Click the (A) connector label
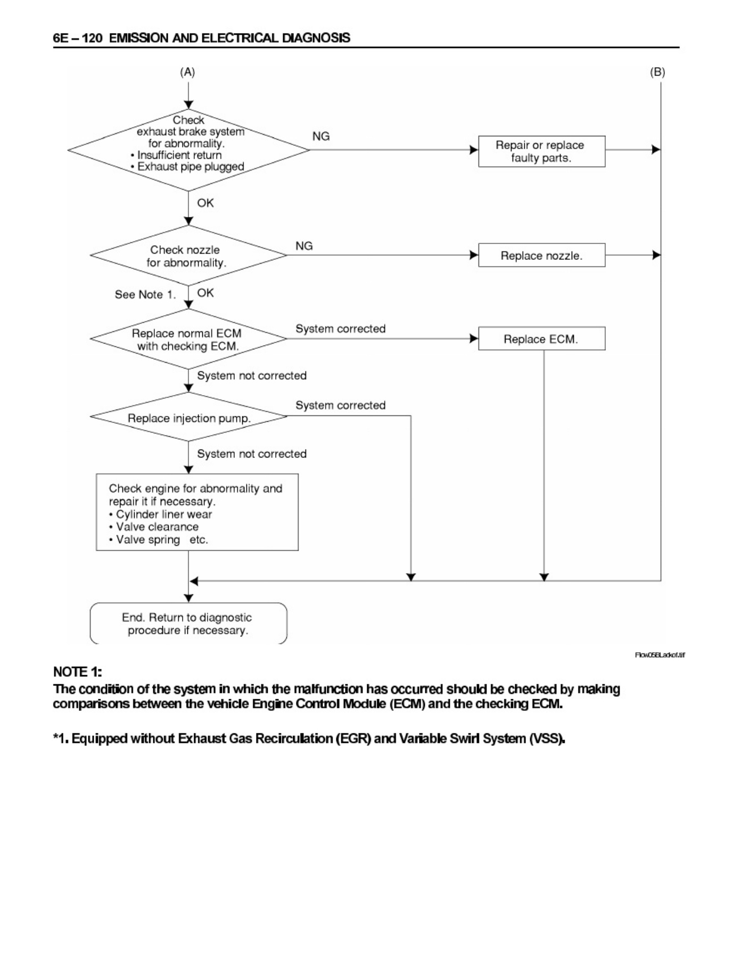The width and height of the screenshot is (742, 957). point(187,72)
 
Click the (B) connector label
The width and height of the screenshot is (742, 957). point(657,72)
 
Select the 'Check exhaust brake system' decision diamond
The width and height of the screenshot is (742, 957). point(188,150)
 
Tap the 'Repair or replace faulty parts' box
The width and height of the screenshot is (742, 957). point(541,151)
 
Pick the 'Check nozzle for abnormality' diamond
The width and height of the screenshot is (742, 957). point(188,255)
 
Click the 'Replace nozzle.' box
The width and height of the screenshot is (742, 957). point(541,255)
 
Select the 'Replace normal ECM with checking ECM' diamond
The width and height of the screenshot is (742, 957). point(188,339)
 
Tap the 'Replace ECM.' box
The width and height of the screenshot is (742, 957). point(541,339)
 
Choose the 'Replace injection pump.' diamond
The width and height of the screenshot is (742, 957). point(188,416)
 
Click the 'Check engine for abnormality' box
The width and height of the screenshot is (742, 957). point(197,512)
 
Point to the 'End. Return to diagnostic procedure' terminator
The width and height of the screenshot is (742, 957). point(188,623)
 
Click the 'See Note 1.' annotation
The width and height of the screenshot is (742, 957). point(145,295)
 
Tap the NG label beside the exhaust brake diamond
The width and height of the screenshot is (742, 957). point(321,136)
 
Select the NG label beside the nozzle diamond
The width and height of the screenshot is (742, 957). point(304,246)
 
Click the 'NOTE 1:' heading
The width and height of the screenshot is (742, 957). point(78,672)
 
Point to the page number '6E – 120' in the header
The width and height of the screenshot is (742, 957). point(78,38)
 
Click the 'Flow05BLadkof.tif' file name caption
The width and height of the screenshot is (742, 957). point(660,655)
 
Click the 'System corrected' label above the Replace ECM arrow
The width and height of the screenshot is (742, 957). point(341,329)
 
